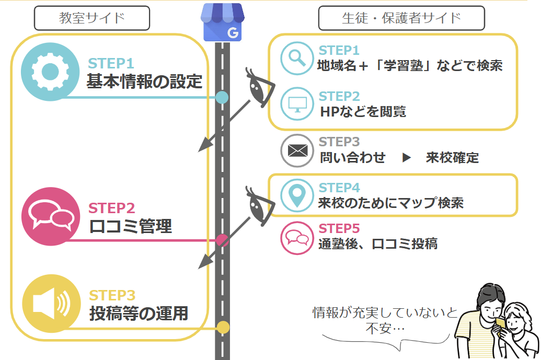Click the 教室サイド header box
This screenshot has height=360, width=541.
tap(92, 18)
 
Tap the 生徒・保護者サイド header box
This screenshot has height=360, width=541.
tap(401, 18)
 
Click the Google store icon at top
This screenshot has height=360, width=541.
tap(223, 22)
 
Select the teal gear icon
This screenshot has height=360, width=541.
tap(50, 72)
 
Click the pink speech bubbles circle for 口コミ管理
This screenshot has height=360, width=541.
tap(51, 216)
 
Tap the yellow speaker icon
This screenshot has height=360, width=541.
tap(51, 304)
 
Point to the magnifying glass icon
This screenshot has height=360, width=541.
tap(297, 59)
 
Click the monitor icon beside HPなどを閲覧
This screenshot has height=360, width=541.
tap(297, 104)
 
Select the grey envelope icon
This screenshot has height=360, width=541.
tap(297, 150)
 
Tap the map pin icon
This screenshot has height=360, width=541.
tap(297, 195)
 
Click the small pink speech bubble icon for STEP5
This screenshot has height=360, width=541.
tap(297, 238)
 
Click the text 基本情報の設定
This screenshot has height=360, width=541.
tap(144, 82)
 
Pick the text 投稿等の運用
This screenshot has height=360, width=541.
tap(139, 313)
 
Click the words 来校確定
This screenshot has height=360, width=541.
tap(452, 158)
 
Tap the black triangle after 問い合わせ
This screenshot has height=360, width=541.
tap(407, 158)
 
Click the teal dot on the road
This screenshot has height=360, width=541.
tap(222, 98)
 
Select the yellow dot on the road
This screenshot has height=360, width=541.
tap(223, 327)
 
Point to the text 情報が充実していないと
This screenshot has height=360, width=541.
tap(385, 312)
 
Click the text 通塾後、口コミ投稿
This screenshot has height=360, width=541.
tap(378, 244)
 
